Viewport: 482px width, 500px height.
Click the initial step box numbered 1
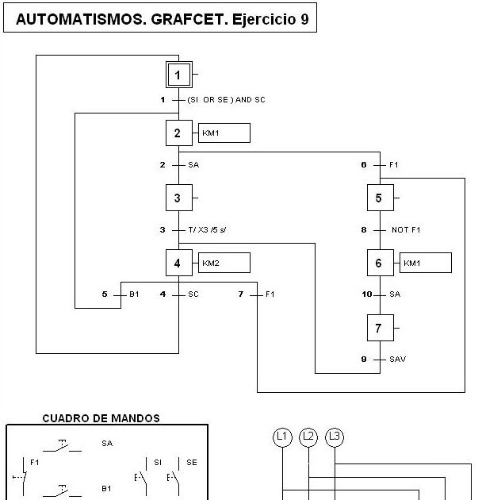(178, 75)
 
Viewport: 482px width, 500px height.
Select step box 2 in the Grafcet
(178, 133)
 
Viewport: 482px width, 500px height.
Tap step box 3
(178, 197)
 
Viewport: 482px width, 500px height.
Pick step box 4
(178, 262)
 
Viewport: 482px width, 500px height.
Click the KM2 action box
(224, 262)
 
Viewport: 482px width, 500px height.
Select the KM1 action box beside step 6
(425, 262)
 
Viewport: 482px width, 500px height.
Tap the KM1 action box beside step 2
(224, 133)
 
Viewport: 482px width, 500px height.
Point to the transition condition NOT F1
(405, 229)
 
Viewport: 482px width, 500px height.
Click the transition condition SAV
(397, 359)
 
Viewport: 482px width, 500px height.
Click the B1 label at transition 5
(134, 294)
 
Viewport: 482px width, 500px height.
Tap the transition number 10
(366, 294)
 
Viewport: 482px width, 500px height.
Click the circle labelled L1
(282, 437)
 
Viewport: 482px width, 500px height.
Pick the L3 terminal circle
(335, 437)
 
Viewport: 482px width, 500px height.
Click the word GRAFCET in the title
(185, 20)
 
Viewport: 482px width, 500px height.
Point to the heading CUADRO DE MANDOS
(101, 417)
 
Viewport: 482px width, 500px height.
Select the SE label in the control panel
(192, 462)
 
